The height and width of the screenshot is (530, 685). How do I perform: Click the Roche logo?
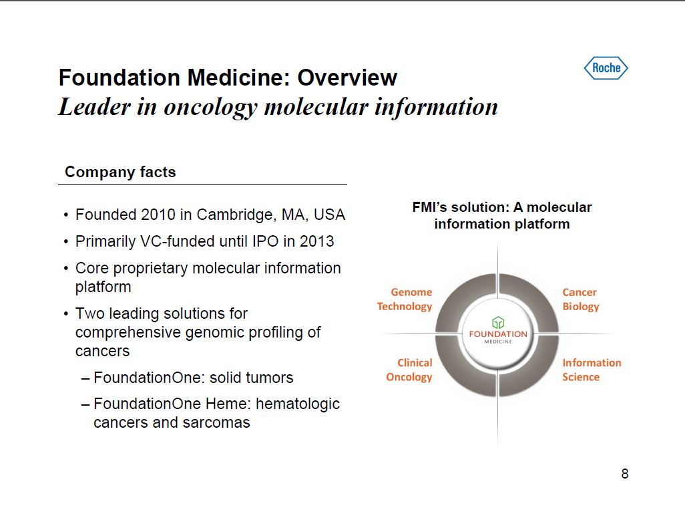606,68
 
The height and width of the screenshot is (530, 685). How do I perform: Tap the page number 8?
625,474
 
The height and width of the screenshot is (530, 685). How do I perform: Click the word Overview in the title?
347,78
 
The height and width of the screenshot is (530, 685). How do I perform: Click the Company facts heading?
120,172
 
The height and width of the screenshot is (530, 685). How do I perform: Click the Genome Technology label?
405,299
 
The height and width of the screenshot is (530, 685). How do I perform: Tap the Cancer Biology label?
581,299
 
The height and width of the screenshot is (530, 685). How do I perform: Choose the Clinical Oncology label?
409,370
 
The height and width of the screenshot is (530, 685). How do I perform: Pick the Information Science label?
592,370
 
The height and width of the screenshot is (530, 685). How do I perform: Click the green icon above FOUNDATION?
498,323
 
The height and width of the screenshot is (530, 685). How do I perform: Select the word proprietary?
150,269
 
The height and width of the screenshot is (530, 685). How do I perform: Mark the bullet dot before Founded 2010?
65,215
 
